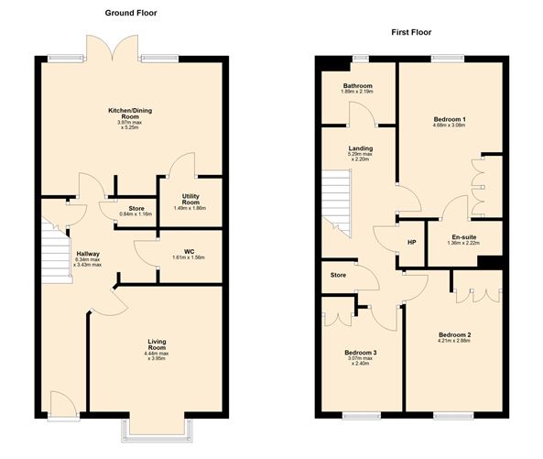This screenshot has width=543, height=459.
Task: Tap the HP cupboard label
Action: [412, 243]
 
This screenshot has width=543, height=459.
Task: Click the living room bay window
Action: [157, 426]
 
